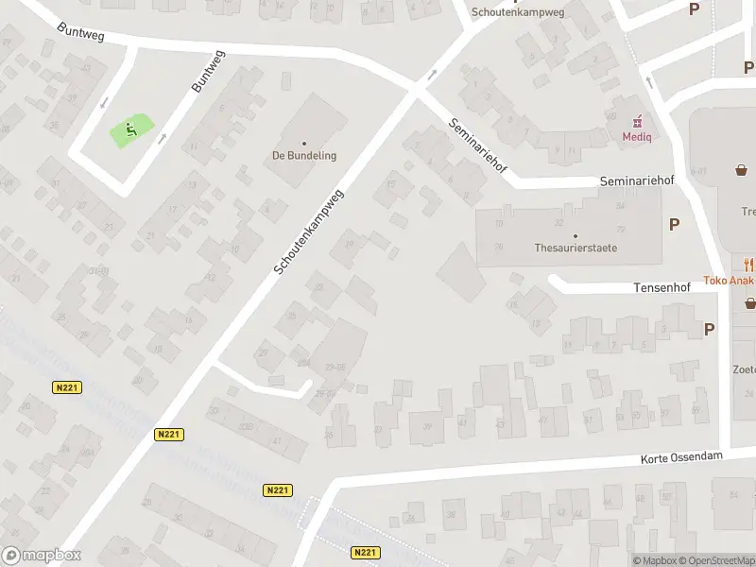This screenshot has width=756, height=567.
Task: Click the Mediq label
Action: [x=638, y=136]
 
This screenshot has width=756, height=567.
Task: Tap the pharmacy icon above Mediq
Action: [x=638, y=121]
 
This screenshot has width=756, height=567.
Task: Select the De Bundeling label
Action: [x=304, y=156]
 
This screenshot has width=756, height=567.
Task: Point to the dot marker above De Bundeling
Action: [x=304, y=141]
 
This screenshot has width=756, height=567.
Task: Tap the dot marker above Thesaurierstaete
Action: [x=576, y=235]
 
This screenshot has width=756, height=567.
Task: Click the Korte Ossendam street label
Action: [x=681, y=456]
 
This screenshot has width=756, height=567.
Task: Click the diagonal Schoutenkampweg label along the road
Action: [x=310, y=231]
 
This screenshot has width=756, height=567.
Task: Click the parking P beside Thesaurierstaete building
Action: [x=675, y=224]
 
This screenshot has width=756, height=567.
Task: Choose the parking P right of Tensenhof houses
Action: [x=709, y=329]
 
